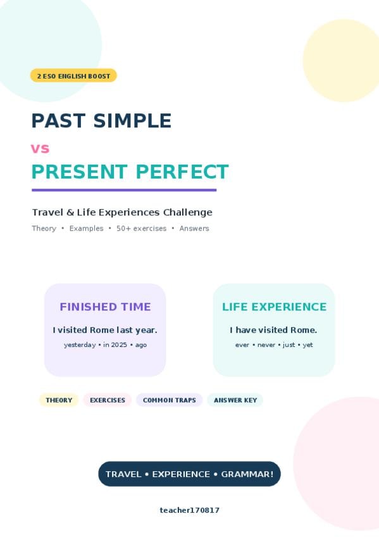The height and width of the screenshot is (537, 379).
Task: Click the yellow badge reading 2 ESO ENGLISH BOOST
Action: coord(73,76)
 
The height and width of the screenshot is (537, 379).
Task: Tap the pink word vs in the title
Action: coord(40,149)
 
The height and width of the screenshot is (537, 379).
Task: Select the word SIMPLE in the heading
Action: coord(132,120)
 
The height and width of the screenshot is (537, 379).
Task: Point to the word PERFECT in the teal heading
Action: coord(182,172)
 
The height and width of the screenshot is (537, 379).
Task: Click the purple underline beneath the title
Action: coord(124,190)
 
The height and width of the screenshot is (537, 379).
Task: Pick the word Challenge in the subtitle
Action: coord(188,213)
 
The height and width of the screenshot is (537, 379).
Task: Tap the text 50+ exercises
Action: coord(142,229)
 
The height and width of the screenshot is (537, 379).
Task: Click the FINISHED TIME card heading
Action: coord(106,307)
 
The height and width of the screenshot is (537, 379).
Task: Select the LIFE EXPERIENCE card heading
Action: coord(275,307)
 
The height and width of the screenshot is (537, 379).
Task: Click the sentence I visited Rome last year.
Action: coord(105,330)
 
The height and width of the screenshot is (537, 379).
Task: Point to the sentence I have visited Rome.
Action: coord(273,330)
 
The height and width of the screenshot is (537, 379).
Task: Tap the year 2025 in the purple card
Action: coord(119,345)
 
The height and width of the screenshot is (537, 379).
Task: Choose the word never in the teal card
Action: coord(266,345)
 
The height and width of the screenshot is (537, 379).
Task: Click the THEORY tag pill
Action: coord(59,400)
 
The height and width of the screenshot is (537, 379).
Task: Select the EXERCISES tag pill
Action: coord(108,400)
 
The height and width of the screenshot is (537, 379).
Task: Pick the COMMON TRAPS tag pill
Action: coord(170,400)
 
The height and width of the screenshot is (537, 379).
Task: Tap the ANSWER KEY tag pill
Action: coord(235,400)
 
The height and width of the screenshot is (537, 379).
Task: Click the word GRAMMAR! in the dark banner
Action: coord(247,474)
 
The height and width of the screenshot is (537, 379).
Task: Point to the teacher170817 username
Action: coord(190,510)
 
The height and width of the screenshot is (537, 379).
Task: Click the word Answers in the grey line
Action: coord(194,229)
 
